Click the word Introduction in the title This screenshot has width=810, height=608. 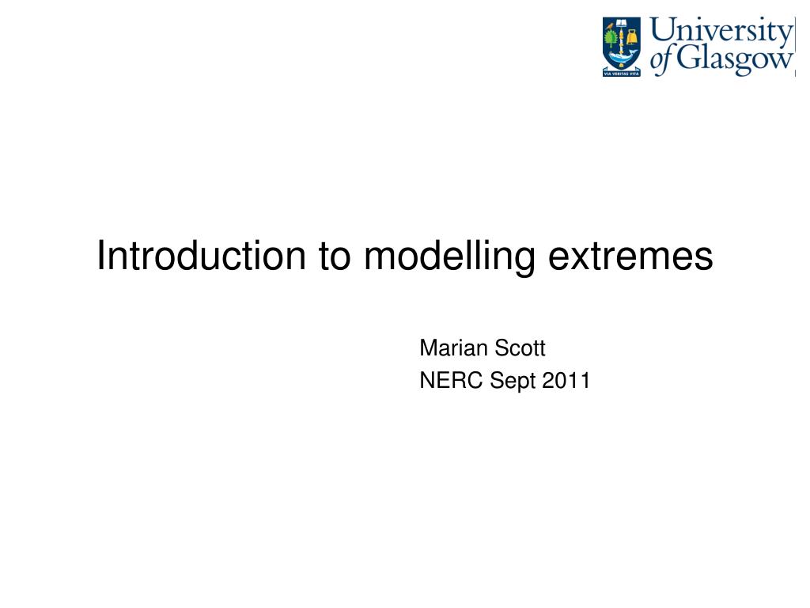(202, 256)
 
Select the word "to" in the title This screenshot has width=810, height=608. (335, 256)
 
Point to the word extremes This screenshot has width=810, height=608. (630, 257)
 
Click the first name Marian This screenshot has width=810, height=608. (453, 348)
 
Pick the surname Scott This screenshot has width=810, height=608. (520, 348)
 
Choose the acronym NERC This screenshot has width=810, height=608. (451, 380)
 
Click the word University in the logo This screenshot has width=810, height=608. (721, 32)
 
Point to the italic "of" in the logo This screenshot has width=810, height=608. (662, 59)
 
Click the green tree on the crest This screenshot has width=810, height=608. (611, 39)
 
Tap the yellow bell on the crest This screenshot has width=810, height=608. (632, 38)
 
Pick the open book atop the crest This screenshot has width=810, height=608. (622, 23)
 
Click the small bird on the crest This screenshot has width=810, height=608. (610, 24)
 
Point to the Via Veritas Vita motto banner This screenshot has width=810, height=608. (622, 74)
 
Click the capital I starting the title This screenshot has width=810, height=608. (100, 256)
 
